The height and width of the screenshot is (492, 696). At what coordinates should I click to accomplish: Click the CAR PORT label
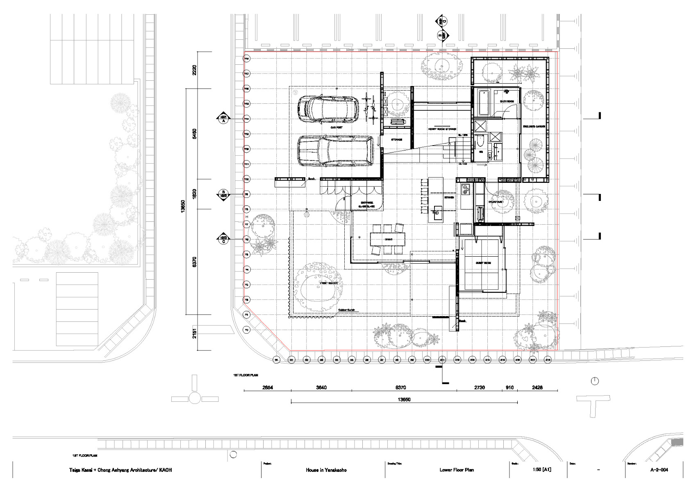(337, 128)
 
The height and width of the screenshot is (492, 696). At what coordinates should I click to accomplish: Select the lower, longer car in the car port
(335, 151)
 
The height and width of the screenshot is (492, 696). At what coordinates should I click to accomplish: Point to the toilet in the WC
(480, 142)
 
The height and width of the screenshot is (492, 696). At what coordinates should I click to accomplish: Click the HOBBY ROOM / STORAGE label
(442, 130)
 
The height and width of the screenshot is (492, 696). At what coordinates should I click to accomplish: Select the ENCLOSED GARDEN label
(534, 127)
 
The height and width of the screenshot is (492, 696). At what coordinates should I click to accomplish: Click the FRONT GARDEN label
(329, 283)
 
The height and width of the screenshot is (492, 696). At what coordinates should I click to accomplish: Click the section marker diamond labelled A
(224, 119)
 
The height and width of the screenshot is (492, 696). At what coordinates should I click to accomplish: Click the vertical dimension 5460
(195, 134)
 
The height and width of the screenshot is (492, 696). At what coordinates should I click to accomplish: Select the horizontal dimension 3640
(321, 388)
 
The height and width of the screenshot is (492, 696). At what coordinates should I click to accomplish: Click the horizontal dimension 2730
(479, 388)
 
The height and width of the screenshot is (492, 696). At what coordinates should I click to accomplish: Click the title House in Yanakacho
(326, 470)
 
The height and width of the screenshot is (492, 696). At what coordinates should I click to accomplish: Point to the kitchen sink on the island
(437, 213)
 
